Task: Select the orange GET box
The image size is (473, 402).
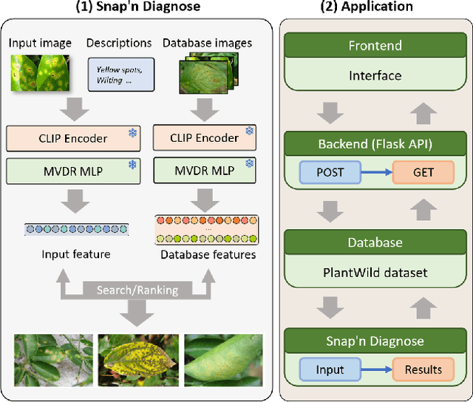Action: click(x=423, y=173)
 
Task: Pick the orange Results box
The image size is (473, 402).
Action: click(x=423, y=369)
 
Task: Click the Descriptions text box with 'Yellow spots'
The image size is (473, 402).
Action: click(x=120, y=74)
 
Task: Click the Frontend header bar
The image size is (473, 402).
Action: click(x=375, y=47)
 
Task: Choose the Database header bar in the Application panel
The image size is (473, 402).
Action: click(x=375, y=242)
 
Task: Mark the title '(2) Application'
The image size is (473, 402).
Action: click(x=375, y=7)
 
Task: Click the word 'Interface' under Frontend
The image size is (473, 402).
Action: click(x=375, y=75)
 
